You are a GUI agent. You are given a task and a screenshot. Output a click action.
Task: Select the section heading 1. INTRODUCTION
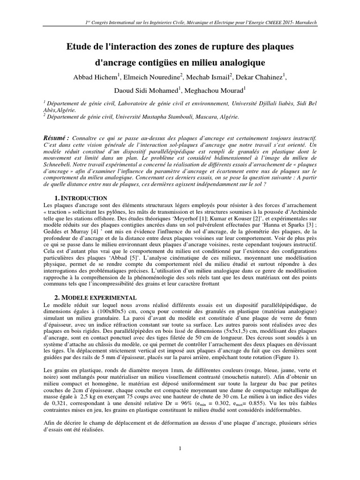(81, 198)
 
